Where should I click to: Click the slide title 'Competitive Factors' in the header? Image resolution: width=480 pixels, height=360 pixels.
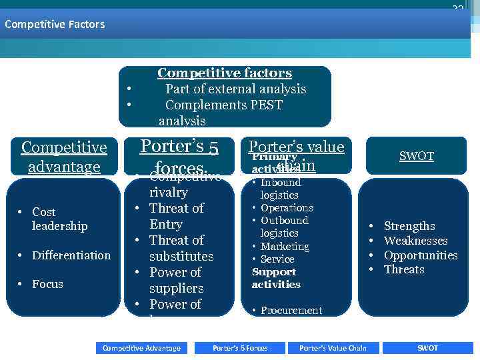pos(55,24)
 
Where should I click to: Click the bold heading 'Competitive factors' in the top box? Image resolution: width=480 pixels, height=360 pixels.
pos(225,73)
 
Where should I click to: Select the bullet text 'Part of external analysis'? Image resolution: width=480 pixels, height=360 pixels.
pos(235,89)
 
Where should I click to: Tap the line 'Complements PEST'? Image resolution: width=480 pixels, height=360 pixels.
pos(223,105)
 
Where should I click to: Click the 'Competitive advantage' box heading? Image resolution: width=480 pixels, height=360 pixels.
pos(64,156)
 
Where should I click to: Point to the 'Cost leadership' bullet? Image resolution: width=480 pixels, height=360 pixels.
pos(59,219)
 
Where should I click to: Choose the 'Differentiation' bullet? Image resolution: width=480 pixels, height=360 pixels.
pos(71,255)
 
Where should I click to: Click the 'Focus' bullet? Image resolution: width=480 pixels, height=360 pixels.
pos(47,284)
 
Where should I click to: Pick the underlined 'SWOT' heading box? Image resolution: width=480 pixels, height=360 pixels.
pos(417,157)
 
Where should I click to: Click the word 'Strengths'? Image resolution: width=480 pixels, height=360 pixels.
pos(409,226)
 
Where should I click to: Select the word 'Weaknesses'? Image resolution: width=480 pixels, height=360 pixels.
pos(415,241)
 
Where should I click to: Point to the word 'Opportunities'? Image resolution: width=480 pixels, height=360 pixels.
pos(421,255)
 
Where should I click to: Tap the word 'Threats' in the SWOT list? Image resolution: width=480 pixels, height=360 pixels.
pos(404,269)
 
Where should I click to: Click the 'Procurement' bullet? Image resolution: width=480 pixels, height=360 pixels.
pos(291,311)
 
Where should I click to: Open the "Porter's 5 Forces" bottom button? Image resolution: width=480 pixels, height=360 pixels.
pos(240,348)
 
